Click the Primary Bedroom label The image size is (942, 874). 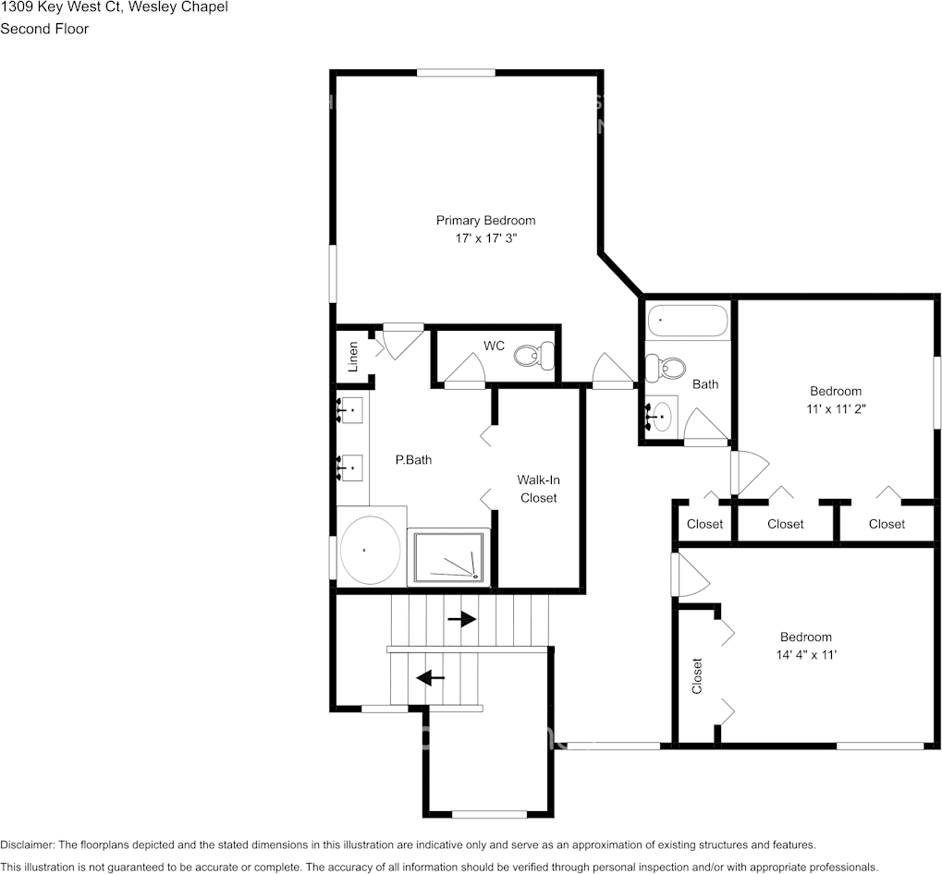point(485,220)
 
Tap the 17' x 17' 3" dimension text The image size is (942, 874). point(485,237)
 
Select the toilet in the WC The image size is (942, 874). point(535,355)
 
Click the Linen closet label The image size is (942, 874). point(352,357)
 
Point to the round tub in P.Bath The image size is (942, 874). point(370,549)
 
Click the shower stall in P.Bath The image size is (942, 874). point(448,557)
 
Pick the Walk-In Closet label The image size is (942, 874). point(538,489)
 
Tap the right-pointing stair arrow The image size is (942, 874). point(461,618)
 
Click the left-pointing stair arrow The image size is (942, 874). point(430,677)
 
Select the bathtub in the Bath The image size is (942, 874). point(687,321)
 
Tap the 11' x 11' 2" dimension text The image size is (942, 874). point(836,407)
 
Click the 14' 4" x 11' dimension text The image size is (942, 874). point(805,654)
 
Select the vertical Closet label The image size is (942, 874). point(697,675)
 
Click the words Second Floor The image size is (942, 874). point(44,29)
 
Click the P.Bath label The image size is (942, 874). point(413,459)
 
